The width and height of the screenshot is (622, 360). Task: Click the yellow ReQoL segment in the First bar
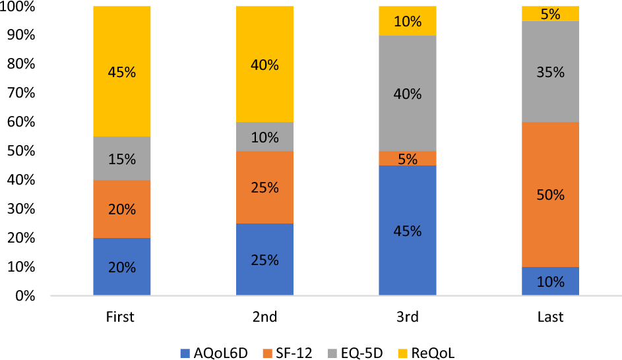[x=121, y=72]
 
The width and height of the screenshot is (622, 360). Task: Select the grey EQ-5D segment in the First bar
[x=121, y=158]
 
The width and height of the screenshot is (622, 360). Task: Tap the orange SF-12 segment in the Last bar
[x=550, y=195]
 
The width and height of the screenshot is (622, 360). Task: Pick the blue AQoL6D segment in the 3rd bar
[x=407, y=231]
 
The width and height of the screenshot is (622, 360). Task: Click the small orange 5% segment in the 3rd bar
[x=407, y=158]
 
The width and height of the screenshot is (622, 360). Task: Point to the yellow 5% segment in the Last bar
[x=550, y=13]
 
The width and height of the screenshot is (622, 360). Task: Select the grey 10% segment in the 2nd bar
[x=264, y=136]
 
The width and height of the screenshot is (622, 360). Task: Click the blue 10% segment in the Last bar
[x=550, y=282]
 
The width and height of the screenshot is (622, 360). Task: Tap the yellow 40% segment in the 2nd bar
[x=264, y=65]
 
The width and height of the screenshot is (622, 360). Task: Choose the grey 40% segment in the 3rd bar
[x=407, y=93]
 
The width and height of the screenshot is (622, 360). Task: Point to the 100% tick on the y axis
[x=20, y=7]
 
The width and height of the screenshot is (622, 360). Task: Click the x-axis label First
[x=120, y=317]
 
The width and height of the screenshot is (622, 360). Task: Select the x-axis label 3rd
[x=407, y=317]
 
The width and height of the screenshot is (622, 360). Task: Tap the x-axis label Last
[x=550, y=317]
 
